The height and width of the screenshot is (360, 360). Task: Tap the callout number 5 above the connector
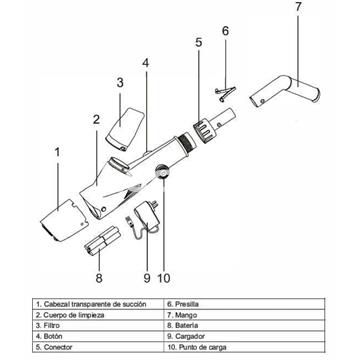pyautogui.click(x=198, y=42)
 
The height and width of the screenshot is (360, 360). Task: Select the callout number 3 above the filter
pyautogui.click(x=119, y=82)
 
